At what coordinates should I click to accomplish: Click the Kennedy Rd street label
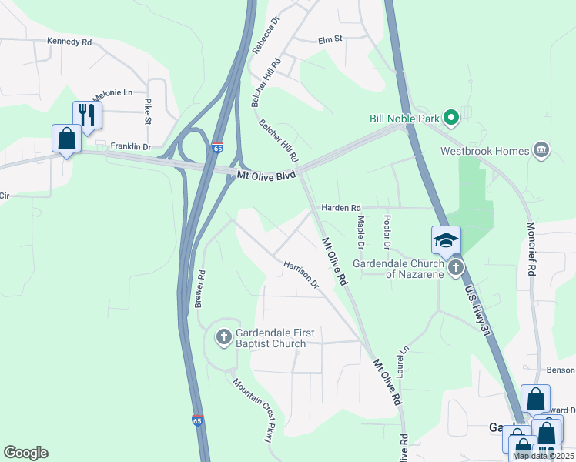(x=69, y=41)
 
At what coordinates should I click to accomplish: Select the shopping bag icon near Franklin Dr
(x=67, y=139)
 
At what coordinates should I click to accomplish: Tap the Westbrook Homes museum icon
(x=541, y=150)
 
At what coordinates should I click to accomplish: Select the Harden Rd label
(x=340, y=208)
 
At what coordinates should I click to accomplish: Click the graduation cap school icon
(x=446, y=240)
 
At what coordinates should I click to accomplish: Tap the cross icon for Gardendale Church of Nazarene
(x=456, y=268)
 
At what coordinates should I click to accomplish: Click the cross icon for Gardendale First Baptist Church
(x=224, y=336)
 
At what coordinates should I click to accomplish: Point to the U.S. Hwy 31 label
(x=477, y=312)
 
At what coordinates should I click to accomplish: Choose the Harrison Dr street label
(x=301, y=273)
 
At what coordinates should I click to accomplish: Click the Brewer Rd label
(x=199, y=289)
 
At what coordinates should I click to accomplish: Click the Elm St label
(x=330, y=39)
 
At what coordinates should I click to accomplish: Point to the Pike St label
(x=147, y=111)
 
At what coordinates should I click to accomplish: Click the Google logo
(x=25, y=453)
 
